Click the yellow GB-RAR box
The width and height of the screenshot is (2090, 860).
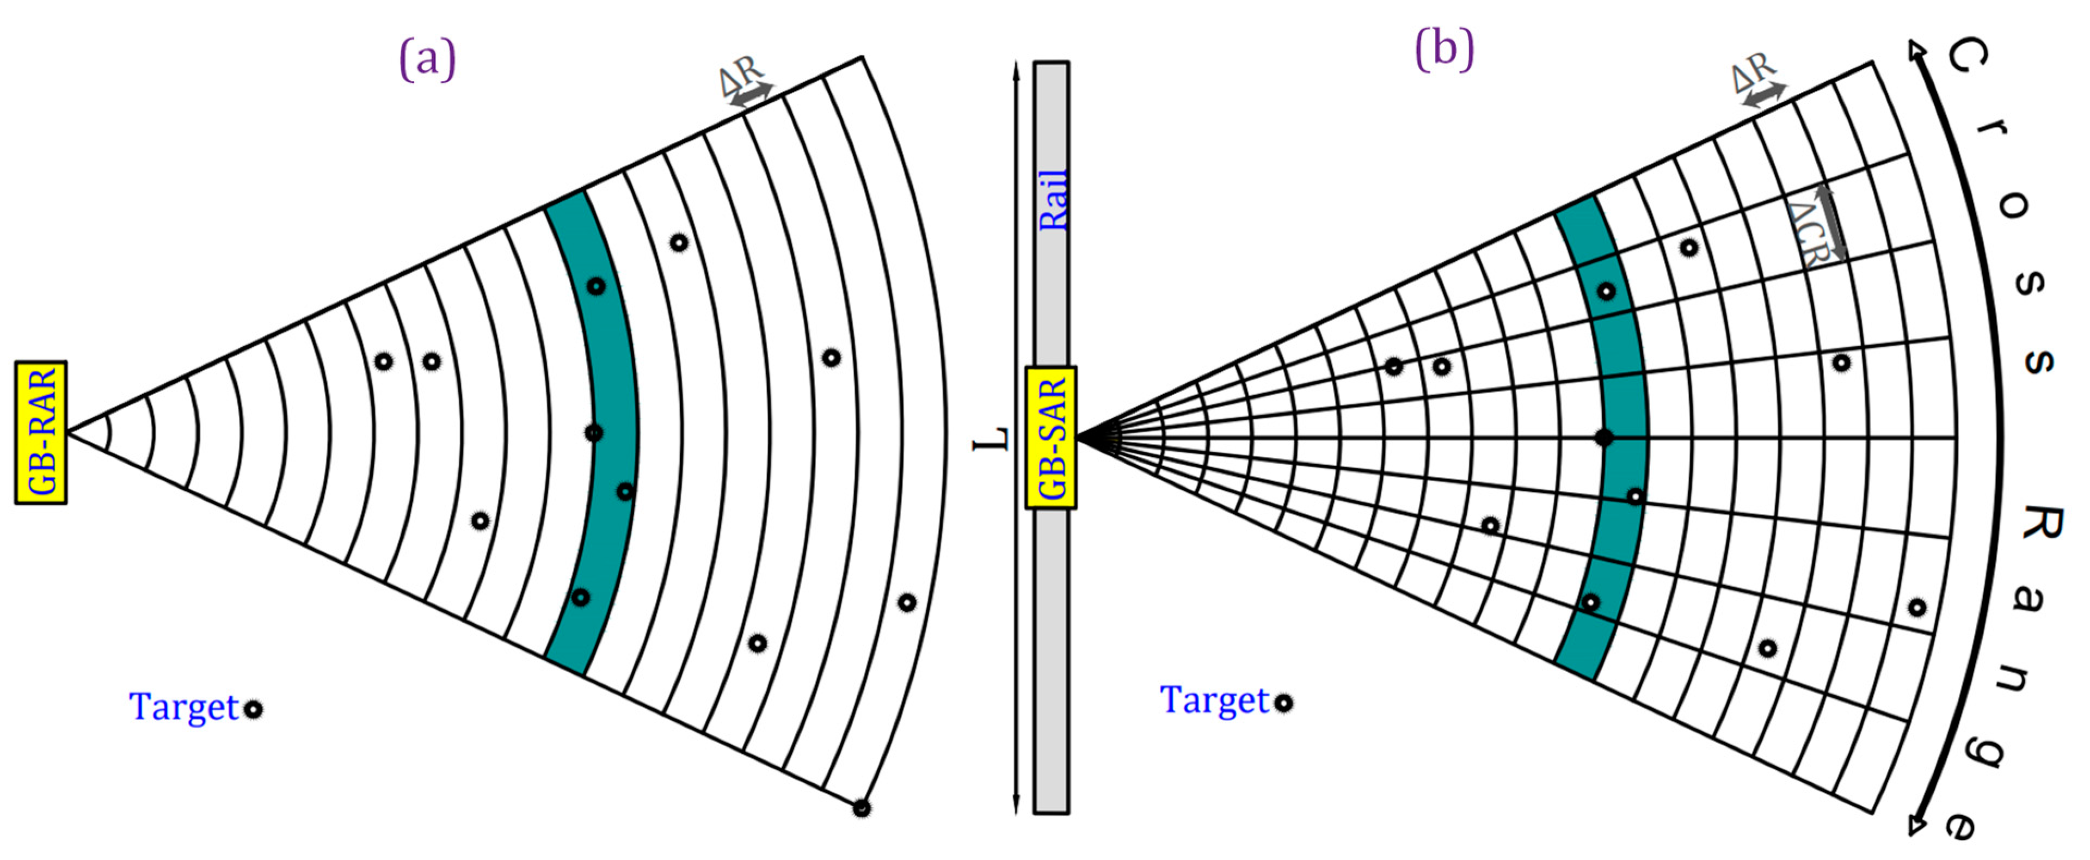41,432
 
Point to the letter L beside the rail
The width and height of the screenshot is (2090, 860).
992,439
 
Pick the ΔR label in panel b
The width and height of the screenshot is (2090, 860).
1753,72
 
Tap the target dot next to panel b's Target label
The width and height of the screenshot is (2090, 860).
1283,703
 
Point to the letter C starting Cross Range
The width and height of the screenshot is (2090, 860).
1966,57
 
